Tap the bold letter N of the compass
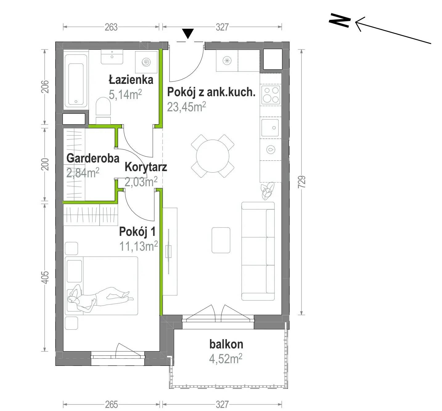click(340, 20)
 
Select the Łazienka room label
click(131, 80)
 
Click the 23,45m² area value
click(186, 107)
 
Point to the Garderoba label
click(93, 158)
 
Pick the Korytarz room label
click(146, 167)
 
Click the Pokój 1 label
click(137, 232)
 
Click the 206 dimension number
click(45, 87)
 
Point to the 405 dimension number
click(45, 277)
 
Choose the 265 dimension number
click(111, 404)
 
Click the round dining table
click(213, 156)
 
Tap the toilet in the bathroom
click(103, 110)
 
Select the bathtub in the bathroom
click(76, 80)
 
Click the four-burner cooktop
click(271, 95)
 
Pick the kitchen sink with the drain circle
click(270, 128)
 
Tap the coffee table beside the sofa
click(221, 240)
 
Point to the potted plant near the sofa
click(268, 191)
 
